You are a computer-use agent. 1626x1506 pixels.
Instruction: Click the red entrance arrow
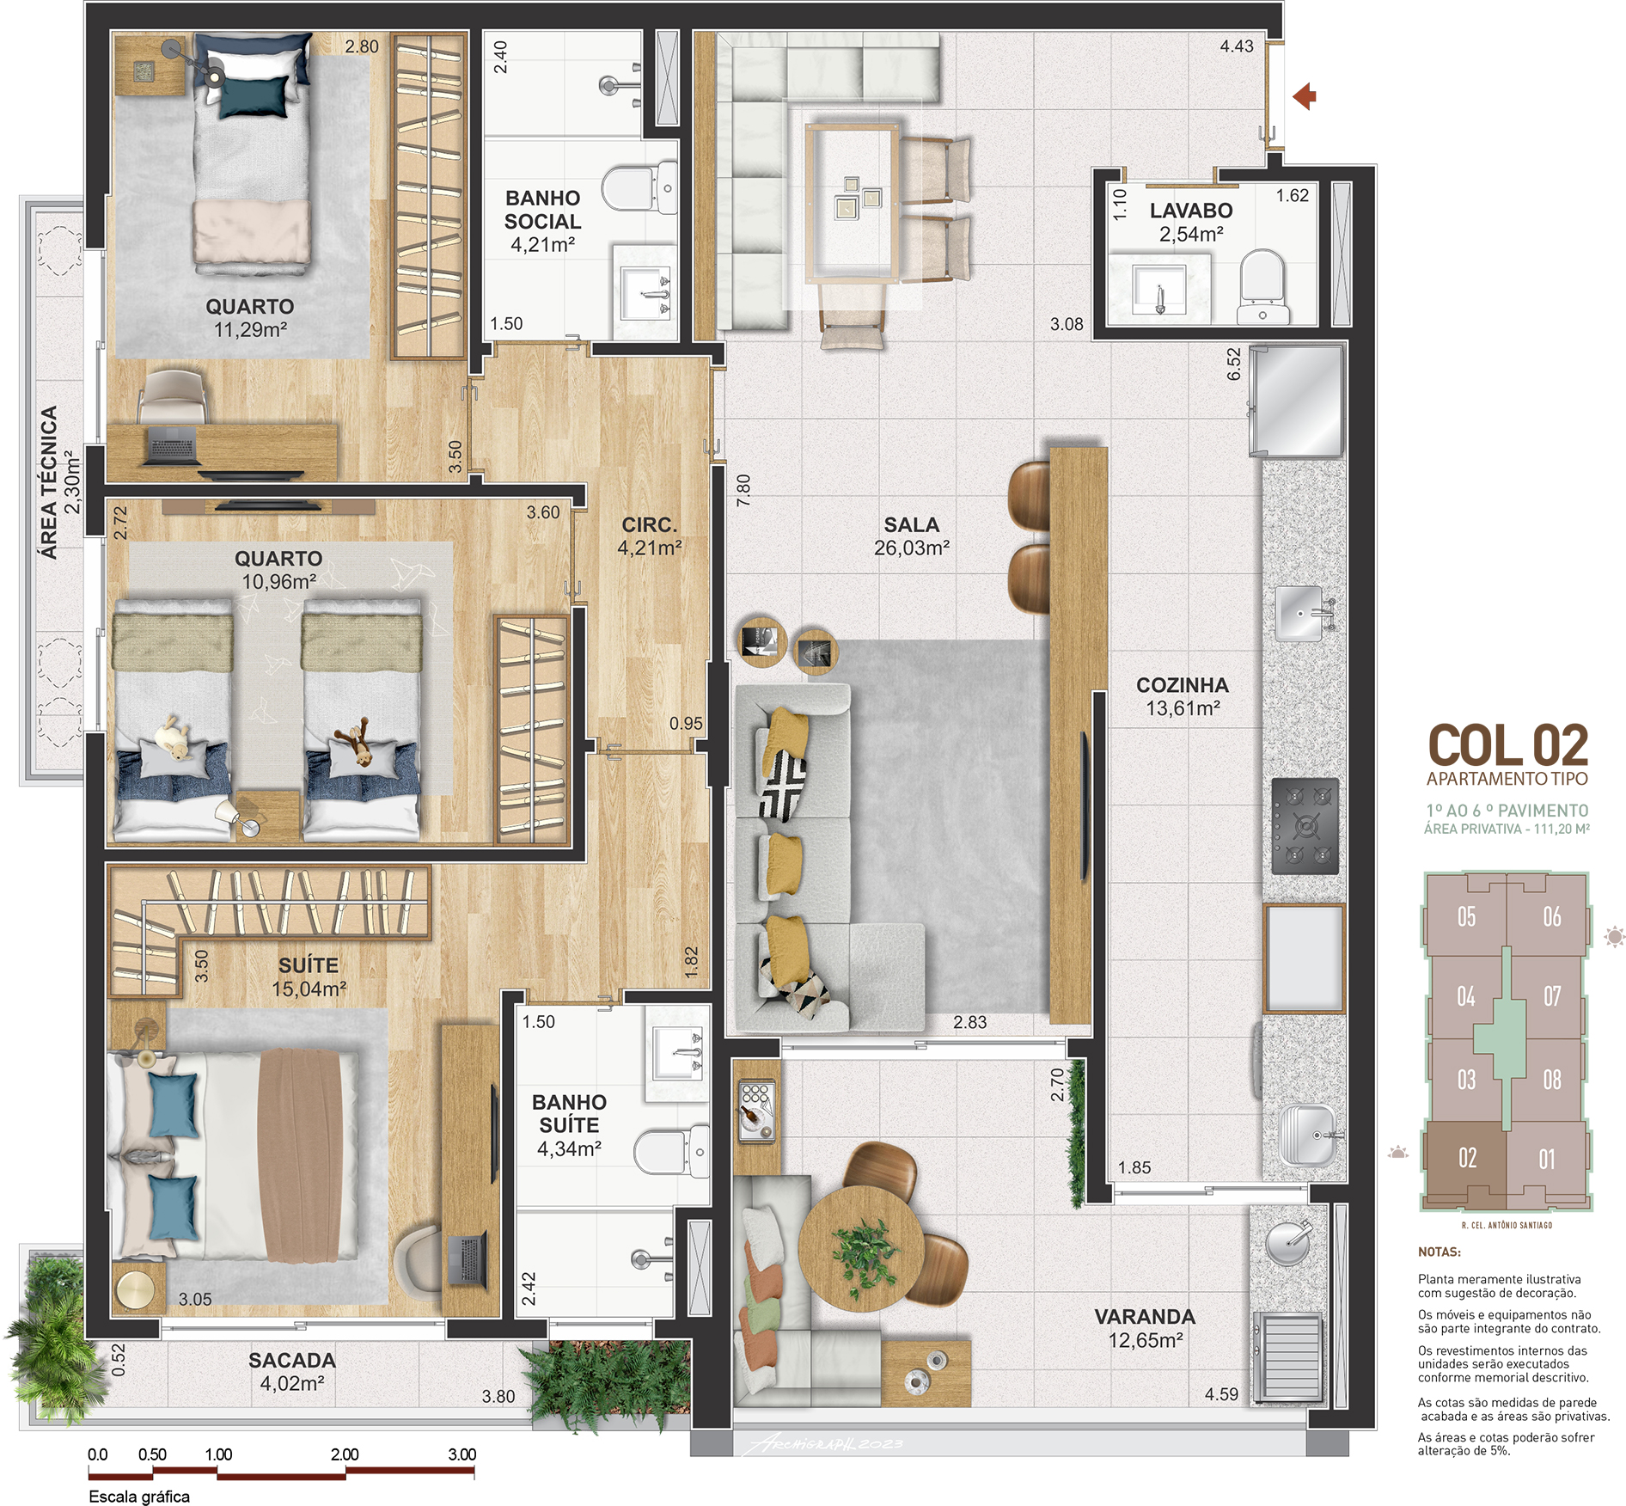click(1304, 96)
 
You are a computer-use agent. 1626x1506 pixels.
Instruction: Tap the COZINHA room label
click(1183, 685)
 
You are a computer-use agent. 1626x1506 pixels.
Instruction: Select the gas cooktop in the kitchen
click(1305, 826)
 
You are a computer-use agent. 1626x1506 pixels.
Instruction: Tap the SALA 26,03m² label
click(912, 536)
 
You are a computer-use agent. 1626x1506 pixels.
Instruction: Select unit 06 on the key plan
click(1551, 917)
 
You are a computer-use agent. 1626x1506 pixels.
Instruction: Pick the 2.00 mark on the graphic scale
click(345, 1454)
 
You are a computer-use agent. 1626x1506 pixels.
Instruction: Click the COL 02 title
click(1508, 745)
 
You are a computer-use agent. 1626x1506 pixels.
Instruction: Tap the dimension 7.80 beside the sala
click(743, 489)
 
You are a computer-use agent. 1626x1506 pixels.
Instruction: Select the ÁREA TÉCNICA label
click(50, 483)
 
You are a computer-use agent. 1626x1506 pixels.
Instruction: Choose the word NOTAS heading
click(1439, 1252)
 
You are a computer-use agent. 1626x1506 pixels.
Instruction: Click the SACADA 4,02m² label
click(292, 1372)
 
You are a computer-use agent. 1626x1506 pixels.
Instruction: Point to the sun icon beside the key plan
click(1615, 936)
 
